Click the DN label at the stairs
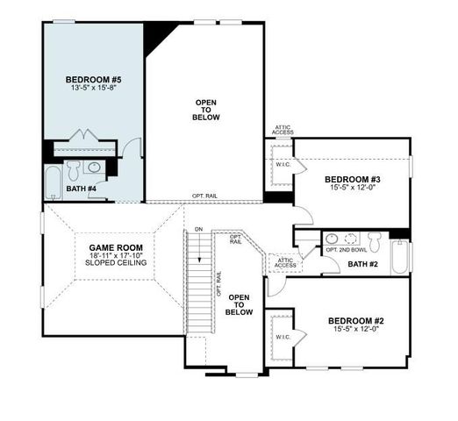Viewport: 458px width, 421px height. (x=199, y=230)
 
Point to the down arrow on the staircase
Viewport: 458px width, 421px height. (x=199, y=250)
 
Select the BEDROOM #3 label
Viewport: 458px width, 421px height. (x=348, y=176)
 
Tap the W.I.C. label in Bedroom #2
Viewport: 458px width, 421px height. (x=283, y=337)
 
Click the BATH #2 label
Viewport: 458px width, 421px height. (x=363, y=263)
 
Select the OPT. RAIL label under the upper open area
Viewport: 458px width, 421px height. (x=205, y=196)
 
